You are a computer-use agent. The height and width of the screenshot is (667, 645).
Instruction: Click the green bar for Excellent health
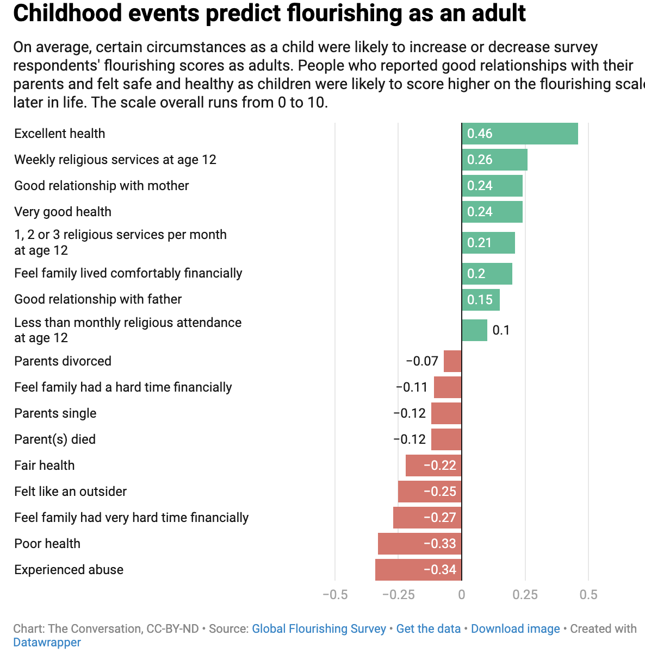[x=519, y=134]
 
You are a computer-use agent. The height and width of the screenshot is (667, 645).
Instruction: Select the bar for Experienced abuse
[x=418, y=570]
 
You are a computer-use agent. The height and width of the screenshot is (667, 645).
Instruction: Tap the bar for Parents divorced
[x=452, y=361]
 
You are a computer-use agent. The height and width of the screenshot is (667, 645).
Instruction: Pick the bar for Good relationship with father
[x=481, y=300]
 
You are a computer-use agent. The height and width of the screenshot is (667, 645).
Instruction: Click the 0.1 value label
[x=501, y=330]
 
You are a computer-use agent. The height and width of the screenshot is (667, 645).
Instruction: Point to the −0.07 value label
[x=422, y=361]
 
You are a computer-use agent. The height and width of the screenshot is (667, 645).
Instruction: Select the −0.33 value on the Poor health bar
[x=439, y=544]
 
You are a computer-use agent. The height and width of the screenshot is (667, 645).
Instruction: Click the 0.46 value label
[x=480, y=134]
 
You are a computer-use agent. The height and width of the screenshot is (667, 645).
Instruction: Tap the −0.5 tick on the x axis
[x=335, y=595]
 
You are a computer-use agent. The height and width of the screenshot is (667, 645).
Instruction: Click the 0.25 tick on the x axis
[x=525, y=595]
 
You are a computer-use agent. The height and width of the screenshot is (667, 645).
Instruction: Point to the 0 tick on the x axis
[x=462, y=595]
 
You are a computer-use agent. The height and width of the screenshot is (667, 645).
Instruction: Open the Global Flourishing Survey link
[x=319, y=629]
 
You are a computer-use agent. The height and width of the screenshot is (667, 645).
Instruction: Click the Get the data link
[x=428, y=629]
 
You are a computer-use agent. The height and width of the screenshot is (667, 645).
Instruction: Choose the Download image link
[x=515, y=629]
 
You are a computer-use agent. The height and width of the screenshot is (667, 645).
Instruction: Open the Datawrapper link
[x=47, y=643]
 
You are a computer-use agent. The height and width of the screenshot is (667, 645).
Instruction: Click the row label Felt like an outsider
[x=70, y=492]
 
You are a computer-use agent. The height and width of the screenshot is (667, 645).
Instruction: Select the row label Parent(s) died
[x=55, y=439]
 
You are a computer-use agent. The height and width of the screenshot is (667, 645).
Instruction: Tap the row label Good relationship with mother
[x=101, y=186]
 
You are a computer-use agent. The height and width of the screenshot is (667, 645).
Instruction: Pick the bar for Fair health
[x=433, y=465]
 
